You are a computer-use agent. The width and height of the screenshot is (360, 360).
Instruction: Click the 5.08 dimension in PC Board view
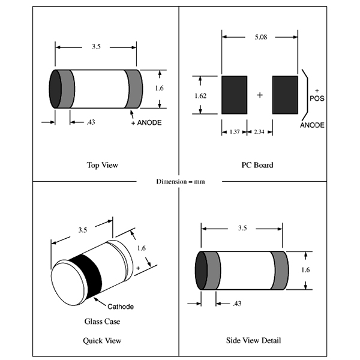261,37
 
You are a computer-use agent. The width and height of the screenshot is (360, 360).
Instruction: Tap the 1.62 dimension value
200,95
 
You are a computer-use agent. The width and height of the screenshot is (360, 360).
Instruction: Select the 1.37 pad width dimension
233,131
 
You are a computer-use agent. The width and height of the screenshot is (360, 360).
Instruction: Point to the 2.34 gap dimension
259,131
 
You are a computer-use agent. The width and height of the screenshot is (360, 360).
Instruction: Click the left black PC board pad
234,95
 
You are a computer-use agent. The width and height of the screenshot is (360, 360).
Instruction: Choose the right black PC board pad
285,95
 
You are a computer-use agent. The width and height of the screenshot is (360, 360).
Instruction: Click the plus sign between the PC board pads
259,95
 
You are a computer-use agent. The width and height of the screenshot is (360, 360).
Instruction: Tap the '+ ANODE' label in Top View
146,122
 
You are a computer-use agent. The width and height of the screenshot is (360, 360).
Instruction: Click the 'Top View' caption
103,164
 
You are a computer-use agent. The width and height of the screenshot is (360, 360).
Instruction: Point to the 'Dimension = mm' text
180,181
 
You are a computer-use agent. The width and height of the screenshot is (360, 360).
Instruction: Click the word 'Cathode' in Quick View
121,306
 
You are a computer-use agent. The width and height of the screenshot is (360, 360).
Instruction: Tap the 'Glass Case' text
102,322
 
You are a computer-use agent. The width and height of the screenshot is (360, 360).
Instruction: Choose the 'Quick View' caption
102,341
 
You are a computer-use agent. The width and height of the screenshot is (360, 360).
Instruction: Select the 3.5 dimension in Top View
95,46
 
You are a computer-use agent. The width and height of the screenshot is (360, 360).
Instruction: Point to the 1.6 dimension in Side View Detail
305,269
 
